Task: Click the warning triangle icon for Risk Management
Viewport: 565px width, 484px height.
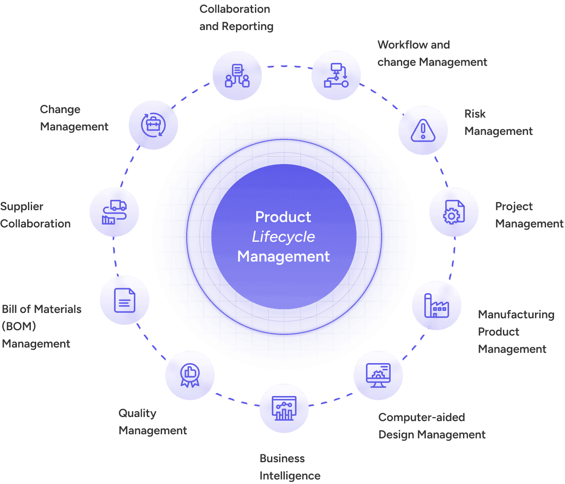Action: click(423, 130)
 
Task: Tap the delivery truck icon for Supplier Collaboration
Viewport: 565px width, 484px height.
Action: click(114, 212)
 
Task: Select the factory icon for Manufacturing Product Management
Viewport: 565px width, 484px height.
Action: click(436, 306)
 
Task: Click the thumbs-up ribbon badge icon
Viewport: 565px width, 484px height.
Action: click(190, 375)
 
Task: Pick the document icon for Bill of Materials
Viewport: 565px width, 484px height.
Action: click(125, 300)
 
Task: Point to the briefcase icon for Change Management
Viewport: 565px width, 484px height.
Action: click(153, 125)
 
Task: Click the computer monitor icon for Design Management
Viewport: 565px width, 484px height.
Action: click(378, 375)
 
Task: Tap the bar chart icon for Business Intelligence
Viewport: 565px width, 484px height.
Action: click(284, 408)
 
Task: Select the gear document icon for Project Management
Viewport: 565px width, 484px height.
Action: click(454, 212)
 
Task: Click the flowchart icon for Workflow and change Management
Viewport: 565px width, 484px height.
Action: click(336, 76)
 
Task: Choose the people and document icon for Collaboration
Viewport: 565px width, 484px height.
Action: click(237, 76)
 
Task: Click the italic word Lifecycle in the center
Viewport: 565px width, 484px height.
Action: click(283, 237)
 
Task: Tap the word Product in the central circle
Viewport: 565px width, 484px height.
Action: click(283, 217)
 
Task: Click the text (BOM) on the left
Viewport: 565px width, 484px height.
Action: click(19, 327)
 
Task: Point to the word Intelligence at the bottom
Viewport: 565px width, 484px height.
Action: click(290, 476)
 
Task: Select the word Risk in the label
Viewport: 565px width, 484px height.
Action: click(475, 114)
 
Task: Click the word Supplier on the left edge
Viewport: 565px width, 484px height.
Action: click(22, 206)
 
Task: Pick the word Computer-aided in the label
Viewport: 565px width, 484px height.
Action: click(421, 417)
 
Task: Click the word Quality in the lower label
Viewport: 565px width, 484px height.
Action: click(137, 413)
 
